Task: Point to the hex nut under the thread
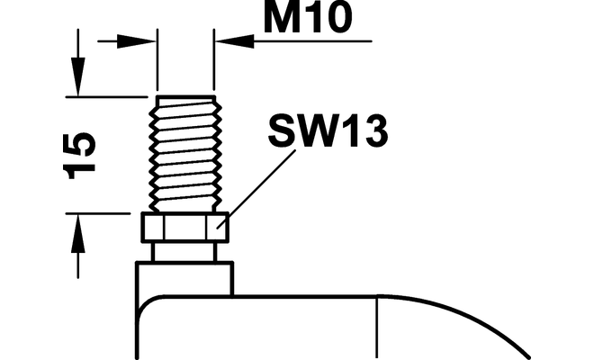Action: (185, 229)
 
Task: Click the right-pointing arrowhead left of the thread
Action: (144, 40)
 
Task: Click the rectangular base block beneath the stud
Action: (184, 277)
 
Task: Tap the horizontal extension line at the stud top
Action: (108, 96)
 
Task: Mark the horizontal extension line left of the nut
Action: (103, 213)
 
